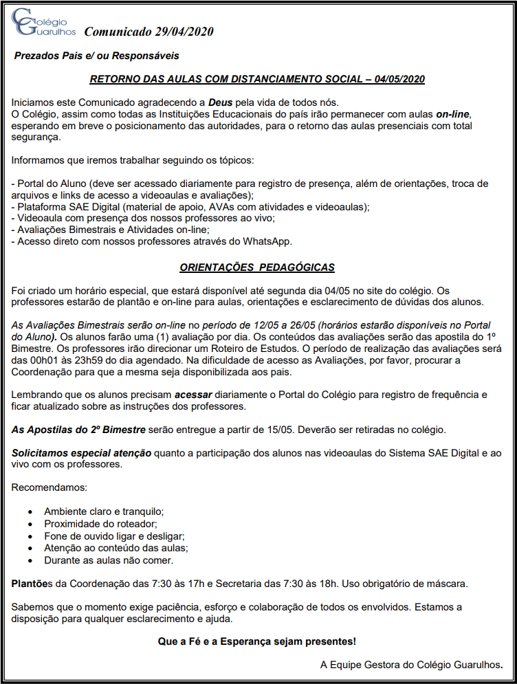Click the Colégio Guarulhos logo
tap(43, 23)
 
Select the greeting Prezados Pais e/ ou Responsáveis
tap(97, 56)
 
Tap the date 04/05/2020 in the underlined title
tap(400, 79)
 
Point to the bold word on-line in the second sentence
tap(453, 113)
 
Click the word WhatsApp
tap(268, 241)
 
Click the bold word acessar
tap(194, 395)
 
